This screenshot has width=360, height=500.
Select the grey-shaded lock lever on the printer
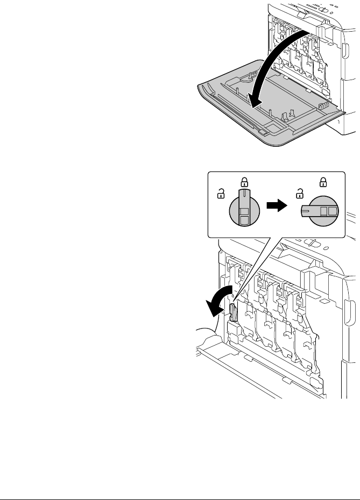pyautogui.click(x=234, y=311)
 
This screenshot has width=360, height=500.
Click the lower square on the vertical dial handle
pyautogui.click(x=244, y=219)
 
